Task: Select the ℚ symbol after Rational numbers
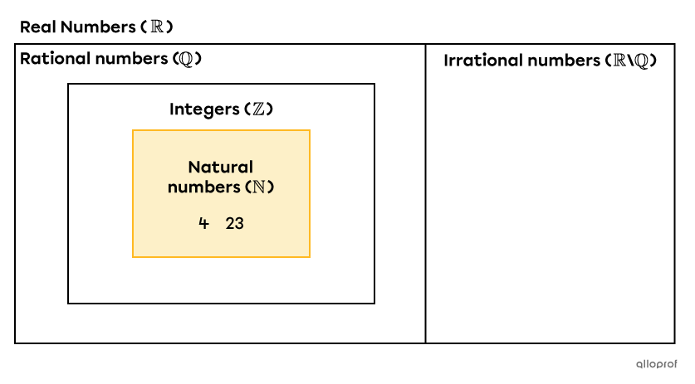pyautogui.click(x=188, y=59)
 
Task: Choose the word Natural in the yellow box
pyautogui.click(x=221, y=168)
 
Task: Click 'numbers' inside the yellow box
pyautogui.click(x=203, y=187)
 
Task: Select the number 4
pyautogui.click(x=203, y=223)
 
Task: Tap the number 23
pyautogui.click(x=235, y=223)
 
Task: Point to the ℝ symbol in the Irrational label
pyautogui.click(x=618, y=61)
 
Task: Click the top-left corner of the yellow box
pyautogui.click(x=133, y=130)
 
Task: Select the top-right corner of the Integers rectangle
pyautogui.click(x=374, y=84)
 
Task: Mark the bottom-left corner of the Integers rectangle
pyautogui.click(x=68, y=304)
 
